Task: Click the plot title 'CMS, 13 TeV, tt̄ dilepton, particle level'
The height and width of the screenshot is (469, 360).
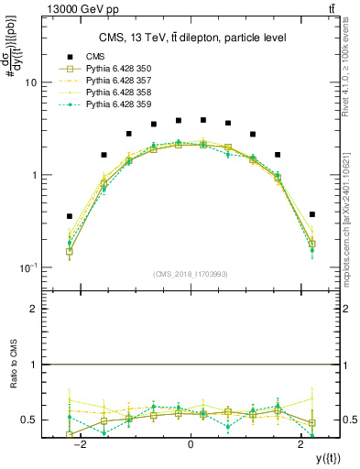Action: coord(190,37)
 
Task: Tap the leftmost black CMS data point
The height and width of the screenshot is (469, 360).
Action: coord(70,216)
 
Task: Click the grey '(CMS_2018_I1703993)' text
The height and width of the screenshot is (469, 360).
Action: coord(191,273)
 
